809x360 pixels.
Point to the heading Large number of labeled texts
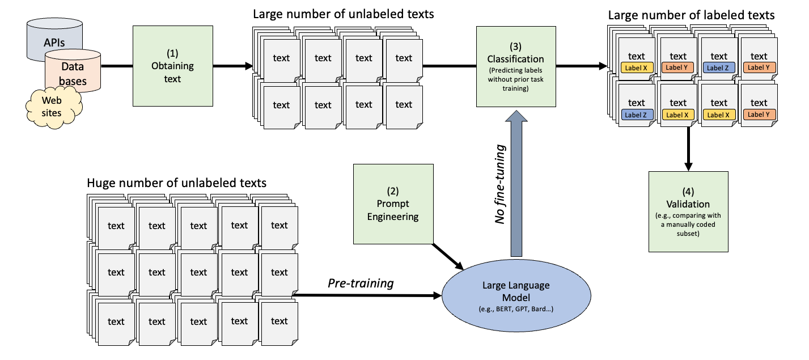click(x=691, y=15)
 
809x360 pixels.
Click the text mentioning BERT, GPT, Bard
click(x=515, y=309)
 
